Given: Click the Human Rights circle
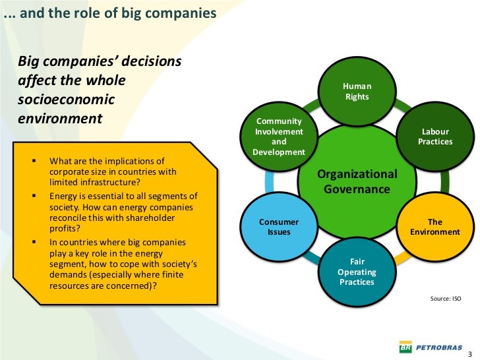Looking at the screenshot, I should (x=357, y=92).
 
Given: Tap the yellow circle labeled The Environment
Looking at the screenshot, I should (x=435, y=227).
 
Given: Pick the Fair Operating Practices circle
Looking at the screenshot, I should (x=357, y=272).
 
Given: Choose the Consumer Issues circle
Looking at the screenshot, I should (x=278, y=227).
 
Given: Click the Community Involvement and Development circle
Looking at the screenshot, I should (x=279, y=136).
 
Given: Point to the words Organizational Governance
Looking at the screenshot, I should (x=357, y=182).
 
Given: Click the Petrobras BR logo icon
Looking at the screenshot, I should (x=405, y=345).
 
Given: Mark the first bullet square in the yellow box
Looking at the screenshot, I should (x=35, y=160).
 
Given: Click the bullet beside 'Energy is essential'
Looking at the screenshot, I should (x=35, y=196).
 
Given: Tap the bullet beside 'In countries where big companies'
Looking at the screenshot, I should (x=35, y=242).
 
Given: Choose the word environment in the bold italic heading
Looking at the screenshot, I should (x=60, y=119).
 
